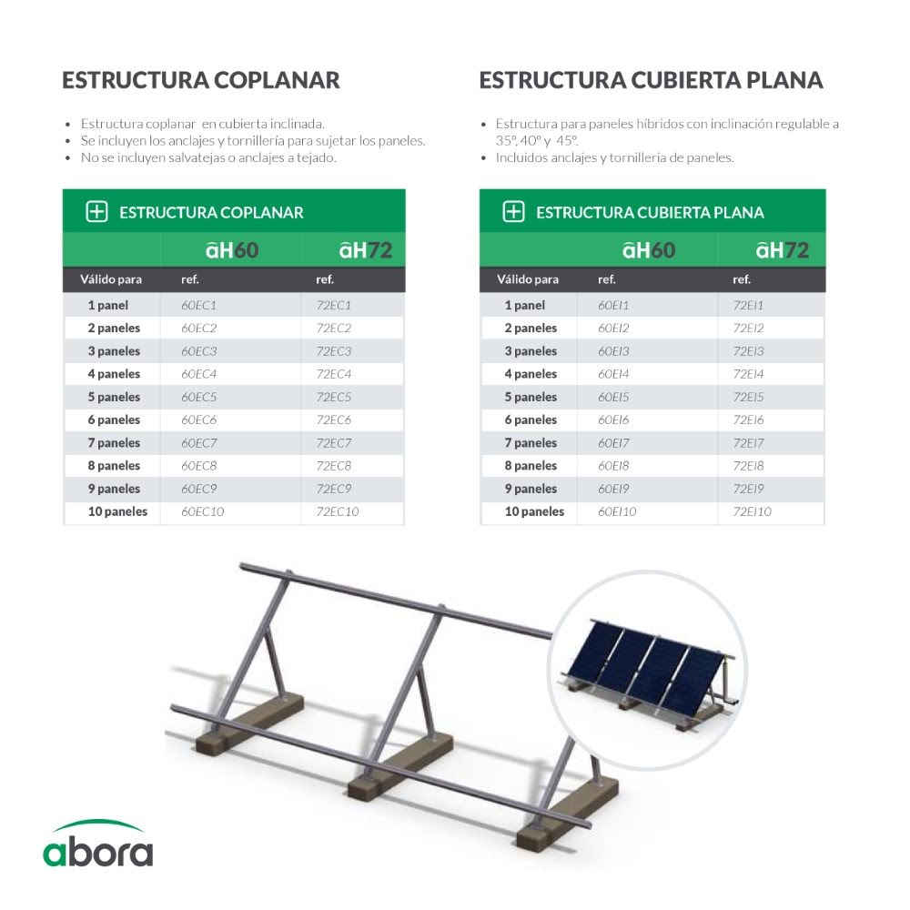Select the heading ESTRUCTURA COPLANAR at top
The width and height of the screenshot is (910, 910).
click(x=201, y=80)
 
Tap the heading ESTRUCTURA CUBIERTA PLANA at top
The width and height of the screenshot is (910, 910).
click(x=651, y=80)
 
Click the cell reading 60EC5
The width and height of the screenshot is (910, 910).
click(x=199, y=397)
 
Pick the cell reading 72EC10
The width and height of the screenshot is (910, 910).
click(x=338, y=511)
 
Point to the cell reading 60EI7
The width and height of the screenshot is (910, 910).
click(x=613, y=443)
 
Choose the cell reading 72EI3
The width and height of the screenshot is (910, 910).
click(x=748, y=351)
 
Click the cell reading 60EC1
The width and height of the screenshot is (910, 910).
click(x=198, y=305)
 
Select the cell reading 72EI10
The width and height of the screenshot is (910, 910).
click(x=752, y=511)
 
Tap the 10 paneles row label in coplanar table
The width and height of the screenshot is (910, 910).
click(x=117, y=511)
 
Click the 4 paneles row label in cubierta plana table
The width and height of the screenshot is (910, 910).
click(x=531, y=374)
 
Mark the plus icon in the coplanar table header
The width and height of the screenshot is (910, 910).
click(x=96, y=212)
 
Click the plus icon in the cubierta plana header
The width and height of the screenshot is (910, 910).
click(x=513, y=212)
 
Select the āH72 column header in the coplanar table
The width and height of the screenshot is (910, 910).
click(x=365, y=250)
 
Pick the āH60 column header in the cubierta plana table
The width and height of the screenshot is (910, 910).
click(x=649, y=250)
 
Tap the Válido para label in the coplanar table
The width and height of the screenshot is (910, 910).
click(x=111, y=279)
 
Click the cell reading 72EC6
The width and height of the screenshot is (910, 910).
click(x=334, y=420)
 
